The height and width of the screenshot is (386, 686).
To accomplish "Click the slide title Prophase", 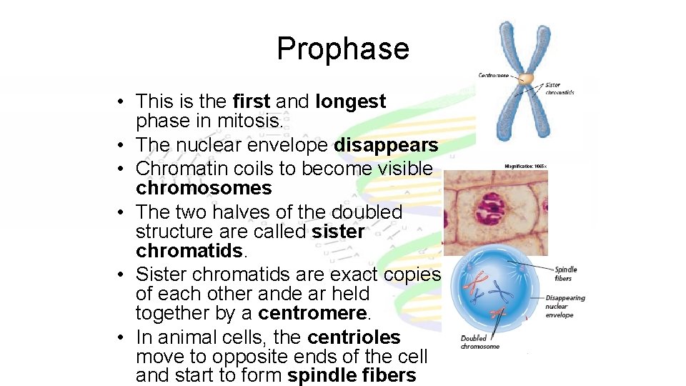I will click(x=342, y=49).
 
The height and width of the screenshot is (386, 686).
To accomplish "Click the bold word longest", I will click(x=350, y=102).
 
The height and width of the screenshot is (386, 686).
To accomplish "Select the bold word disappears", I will click(x=387, y=146).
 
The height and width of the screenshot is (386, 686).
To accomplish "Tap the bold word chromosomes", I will click(x=204, y=189).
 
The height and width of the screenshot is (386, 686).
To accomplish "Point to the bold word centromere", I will click(x=313, y=313).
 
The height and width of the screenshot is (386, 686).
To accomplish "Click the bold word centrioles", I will click(x=354, y=337).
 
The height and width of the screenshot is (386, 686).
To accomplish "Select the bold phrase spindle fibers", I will click(x=352, y=376).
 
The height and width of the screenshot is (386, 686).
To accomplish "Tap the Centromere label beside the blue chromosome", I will click(x=494, y=75).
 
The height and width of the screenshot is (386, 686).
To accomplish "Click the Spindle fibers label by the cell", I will click(x=565, y=274).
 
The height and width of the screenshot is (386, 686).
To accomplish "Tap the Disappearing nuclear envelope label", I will click(x=564, y=307).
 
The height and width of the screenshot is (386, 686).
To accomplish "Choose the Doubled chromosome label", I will click(x=479, y=342).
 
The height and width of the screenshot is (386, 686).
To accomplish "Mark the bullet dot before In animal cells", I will click(x=124, y=338).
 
